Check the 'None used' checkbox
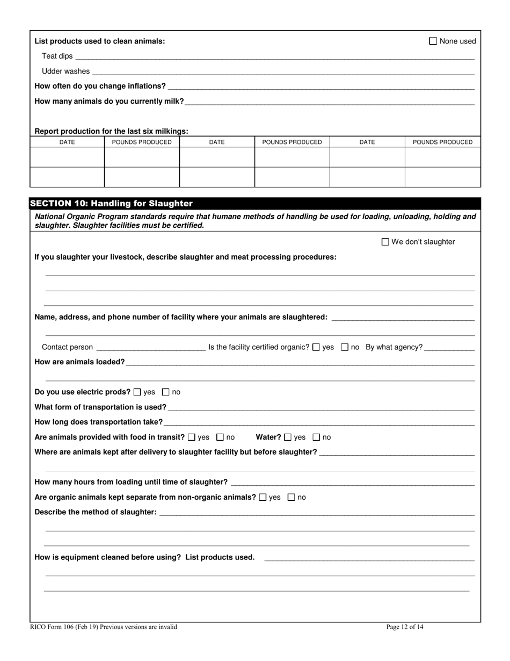433,41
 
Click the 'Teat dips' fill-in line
274,56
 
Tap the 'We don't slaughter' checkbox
385,242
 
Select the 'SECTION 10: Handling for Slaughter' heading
111,204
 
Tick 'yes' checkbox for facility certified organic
316,347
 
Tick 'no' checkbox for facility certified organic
345,347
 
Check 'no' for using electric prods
166,392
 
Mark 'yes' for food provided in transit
192,437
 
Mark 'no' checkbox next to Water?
316,437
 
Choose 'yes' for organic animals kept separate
263,498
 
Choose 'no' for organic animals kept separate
292,498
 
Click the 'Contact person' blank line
150,348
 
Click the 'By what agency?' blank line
449,348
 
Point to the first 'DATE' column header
67,142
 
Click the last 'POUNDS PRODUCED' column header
442,142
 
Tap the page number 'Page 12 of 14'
405,627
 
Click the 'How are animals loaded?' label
79,362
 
